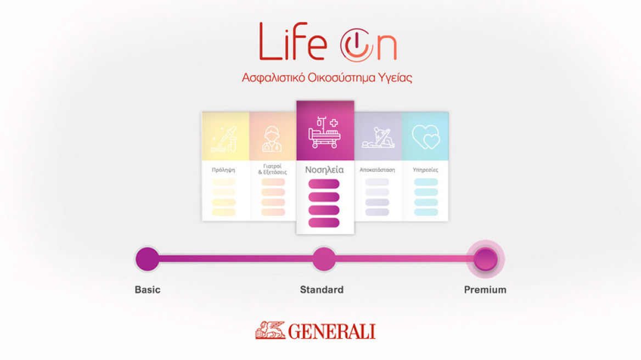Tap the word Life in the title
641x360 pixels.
pos(293,43)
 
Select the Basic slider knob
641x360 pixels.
pos(147,259)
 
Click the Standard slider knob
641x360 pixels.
pos(324,259)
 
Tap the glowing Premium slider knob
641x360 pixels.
pos(485,259)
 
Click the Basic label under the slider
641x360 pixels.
pos(148,290)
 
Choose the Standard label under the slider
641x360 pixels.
pos(322,290)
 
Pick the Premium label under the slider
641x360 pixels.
pos(485,290)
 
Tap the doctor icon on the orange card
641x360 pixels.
pos(273,139)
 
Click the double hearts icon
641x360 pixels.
pos(426,137)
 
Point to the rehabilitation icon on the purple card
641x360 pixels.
pos(378,138)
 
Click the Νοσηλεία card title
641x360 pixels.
pos(324,170)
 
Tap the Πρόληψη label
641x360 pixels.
pos(223,170)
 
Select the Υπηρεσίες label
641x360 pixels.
pos(425,170)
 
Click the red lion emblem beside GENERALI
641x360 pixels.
pos(270,330)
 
